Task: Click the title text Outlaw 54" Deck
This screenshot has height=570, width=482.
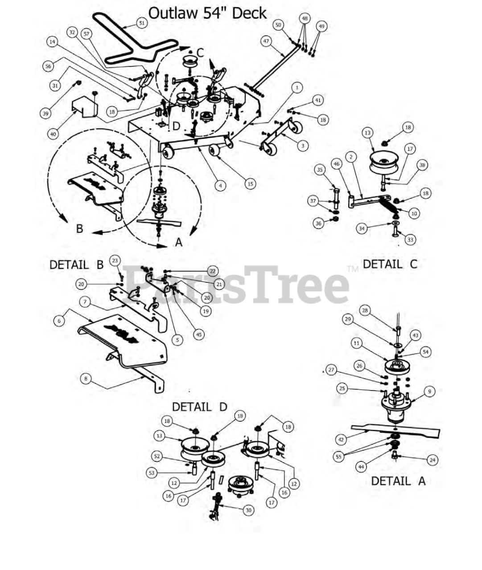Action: (x=207, y=13)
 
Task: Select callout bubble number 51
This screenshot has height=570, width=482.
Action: (x=142, y=23)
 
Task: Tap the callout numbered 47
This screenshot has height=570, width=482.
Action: (x=266, y=41)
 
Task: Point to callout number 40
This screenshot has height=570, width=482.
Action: (x=53, y=134)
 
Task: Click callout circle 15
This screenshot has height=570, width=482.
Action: (x=251, y=184)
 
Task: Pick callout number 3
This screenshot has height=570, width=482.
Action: (x=303, y=146)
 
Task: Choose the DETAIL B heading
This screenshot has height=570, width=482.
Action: (x=77, y=265)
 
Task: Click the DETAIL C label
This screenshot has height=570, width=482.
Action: (x=390, y=264)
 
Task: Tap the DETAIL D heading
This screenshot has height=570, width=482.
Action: (x=200, y=407)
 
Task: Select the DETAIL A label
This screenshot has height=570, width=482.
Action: (x=398, y=481)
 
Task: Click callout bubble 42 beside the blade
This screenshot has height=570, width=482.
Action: (x=341, y=440)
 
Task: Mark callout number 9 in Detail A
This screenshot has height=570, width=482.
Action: (x=430, y=391)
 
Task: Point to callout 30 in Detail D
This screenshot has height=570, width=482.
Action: (x=248, y=510)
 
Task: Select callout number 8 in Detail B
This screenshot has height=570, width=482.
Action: (x=86, y=379)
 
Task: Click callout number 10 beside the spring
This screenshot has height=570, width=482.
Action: (x=414, y=213)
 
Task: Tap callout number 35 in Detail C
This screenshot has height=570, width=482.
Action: (x=320, y=170)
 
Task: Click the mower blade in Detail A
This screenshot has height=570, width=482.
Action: (x=395, y=431)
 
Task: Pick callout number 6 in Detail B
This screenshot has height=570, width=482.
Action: (x=59, y=321)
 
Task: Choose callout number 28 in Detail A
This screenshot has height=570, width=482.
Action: (x=365, y=310)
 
